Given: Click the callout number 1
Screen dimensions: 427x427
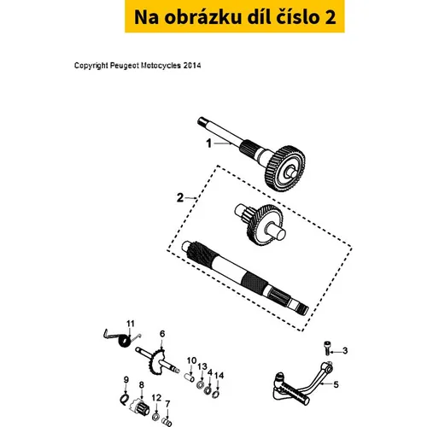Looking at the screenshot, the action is pyautogui.click(x=209, y=143).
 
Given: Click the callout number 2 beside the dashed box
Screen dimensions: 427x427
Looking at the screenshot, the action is pyautogui.click(x=180, y=197).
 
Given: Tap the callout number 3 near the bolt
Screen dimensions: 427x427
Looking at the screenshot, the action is pyautogui.click(x=345, y=351).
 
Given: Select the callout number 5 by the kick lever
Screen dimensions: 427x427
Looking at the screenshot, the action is pyautogui.click(x=336, y=384).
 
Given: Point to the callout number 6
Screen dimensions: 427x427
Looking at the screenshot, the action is pyautogui.click(x=162, y=334).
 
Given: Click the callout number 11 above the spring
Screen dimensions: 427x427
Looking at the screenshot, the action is pyautogui.click(x=131, y=324).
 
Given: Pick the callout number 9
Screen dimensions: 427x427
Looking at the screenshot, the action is pyautogui.click(x=126, y=380).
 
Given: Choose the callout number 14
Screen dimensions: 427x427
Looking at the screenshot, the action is pyautogui.click(x=219, y=376).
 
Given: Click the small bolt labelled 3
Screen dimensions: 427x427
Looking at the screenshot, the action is pyautogui.click(x=328, y=348).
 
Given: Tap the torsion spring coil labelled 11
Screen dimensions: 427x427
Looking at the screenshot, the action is pyautogui.click(x=124, y=342).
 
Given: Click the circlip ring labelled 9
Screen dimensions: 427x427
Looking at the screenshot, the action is pyautogui.click(x=125, y=400).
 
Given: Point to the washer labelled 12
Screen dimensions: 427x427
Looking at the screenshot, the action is pyautogui.click(x=155, y=417).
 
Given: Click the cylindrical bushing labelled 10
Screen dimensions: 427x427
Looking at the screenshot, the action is pyautogui.click(x=190, y=377).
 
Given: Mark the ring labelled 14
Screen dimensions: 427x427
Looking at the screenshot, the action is pyautogui.click(x=215, y=395).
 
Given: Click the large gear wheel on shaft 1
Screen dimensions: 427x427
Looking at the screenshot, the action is pyautogui.click(x=285, y=168).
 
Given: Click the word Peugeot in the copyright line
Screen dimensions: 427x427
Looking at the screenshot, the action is pyautogui.click(x=125, y=66).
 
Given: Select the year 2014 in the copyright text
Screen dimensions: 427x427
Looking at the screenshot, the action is pyautogui.click(x=192, y=66).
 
